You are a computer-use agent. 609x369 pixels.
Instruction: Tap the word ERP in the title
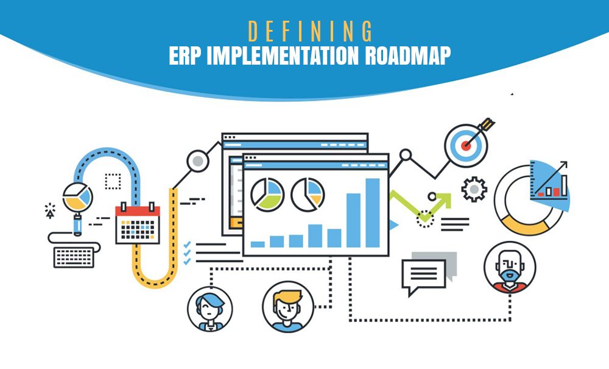185,56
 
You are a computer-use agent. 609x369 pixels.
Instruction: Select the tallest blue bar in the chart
373,213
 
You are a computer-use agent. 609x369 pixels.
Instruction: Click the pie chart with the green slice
267,195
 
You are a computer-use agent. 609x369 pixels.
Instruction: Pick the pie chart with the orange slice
308,195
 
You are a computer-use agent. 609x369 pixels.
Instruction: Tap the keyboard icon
74,257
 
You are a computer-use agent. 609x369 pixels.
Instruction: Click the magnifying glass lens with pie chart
78,198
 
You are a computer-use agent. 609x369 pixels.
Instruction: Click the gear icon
474,189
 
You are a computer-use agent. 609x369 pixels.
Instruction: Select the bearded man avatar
510,267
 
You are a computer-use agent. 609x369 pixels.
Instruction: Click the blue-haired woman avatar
209,309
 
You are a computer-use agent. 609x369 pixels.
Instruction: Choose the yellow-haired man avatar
288,307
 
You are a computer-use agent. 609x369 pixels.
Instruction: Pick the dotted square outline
113,181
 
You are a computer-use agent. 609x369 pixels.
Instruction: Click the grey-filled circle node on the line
198,160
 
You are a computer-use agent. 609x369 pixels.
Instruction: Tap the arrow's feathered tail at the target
487,124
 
